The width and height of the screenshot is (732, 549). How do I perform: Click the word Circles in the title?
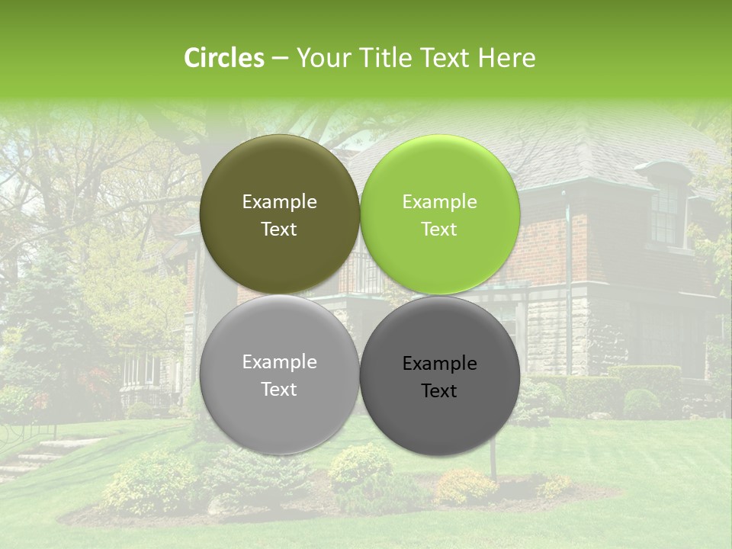pyautogui.click(x=223, y=58)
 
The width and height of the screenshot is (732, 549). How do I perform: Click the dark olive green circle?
pyautogui.click(x=279, y=215)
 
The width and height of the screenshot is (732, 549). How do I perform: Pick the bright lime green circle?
pyautogui.click(x=439, y=215)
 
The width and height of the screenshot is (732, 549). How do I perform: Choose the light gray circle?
pyautogui.click(x=279, y=375)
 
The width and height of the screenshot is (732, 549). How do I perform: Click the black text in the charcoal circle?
pyautogui.click(x=439, y=377)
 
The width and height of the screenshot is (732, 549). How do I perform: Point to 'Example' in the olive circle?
pyautogui.click(x=279, y=201)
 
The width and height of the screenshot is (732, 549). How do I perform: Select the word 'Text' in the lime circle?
pyautogui.click(x=439, y=230)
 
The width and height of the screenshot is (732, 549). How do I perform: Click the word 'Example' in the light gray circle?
pyautogui.click(x=279, y=361)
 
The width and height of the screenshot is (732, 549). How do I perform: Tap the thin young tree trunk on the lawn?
pyautogui.click(x=494, y=462)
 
